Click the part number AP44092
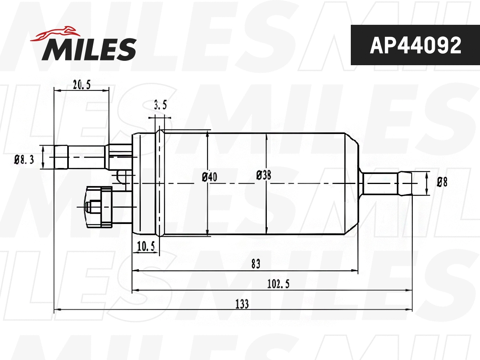[x=415, y=46]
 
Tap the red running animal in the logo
[x=56, y=34]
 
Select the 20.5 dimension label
[x=82, y=84]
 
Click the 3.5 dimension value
[x=160, y=106]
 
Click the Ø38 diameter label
[x=264, y=175]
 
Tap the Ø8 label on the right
[x=442, y=182]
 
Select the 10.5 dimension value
[x=146, y=247]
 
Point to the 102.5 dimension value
[x=278, y=284]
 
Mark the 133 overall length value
[x=242, y=304]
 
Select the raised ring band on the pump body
[x=160, y=182]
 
